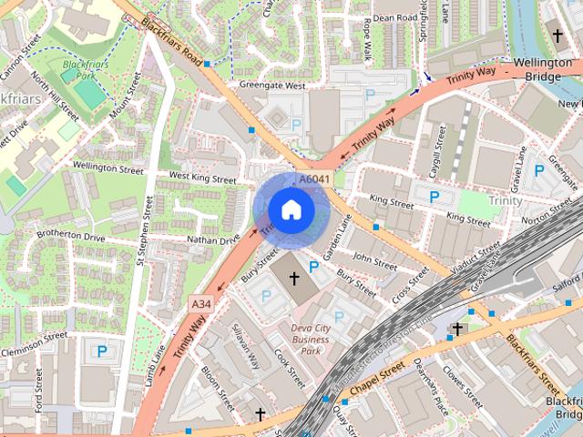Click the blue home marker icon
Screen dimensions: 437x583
[291, 209]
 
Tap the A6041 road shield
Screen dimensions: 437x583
[314, 179]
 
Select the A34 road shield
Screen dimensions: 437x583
[201, 303]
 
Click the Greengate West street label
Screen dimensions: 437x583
[271, 86]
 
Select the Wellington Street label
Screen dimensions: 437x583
[107, 168]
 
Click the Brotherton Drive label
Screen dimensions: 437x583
[70, 236]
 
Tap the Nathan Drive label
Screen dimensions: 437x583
[213, 240]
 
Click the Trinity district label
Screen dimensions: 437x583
[506, 200]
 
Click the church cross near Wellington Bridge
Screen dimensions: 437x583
[557, 36]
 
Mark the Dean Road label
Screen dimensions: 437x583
[395, 17]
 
